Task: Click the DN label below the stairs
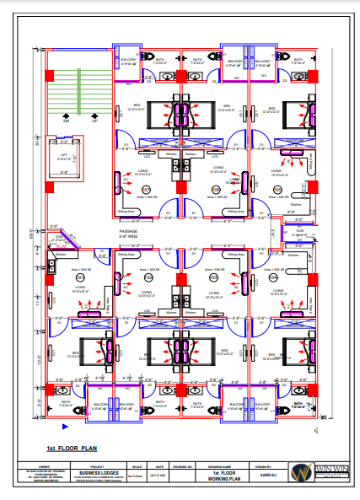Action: (x=66, y=121)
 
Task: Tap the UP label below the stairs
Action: (x=94, y=121)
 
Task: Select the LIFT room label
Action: (x=64, y=155)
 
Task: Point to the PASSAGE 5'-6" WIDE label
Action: (x=129, y=233)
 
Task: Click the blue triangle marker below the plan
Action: (x=51, y=431)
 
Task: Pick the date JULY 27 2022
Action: (x=159, y=476)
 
